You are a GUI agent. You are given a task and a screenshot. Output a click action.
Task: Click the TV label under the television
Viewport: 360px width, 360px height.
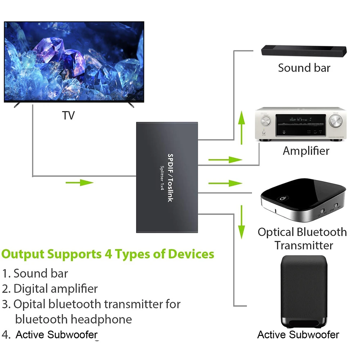68,116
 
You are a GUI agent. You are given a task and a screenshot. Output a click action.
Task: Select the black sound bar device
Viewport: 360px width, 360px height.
304,50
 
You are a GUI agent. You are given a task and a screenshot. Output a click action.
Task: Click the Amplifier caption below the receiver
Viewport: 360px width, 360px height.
306,150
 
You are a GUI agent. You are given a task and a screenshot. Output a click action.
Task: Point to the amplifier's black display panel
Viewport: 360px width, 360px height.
301,125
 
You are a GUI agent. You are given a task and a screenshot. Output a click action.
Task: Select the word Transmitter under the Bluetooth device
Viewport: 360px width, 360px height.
303,246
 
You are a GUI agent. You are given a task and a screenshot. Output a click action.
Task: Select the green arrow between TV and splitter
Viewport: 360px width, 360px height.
80,183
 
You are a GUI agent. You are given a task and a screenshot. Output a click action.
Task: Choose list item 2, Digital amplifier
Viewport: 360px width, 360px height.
50,288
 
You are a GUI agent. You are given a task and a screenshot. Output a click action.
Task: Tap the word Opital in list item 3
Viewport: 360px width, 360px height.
29,304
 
